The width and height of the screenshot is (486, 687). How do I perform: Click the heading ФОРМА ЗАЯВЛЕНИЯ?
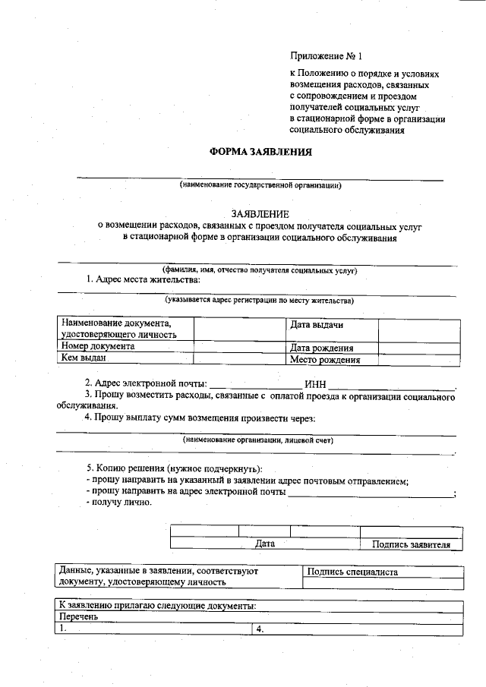click(x=260, y=152)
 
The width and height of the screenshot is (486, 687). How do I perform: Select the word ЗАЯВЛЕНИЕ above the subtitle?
click(x=260, y=214)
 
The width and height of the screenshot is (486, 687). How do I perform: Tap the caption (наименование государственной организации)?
click(x=260, y=185)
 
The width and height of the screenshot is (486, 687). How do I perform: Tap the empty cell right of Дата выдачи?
click(x=419, y=330)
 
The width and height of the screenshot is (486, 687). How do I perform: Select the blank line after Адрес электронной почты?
click(x=254, y=385)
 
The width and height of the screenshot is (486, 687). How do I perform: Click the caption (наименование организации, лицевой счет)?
click(x=258, y=440)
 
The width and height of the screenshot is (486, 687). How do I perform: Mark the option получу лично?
click(x=121, y=502)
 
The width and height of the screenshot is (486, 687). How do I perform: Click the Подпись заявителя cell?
click(x=411, y=544)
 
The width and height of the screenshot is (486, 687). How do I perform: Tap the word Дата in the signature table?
click(x=264, y=544)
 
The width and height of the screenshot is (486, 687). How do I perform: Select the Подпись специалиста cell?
click(x=352, y=572)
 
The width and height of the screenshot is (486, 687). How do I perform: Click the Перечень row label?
click(x=79, y=617)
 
